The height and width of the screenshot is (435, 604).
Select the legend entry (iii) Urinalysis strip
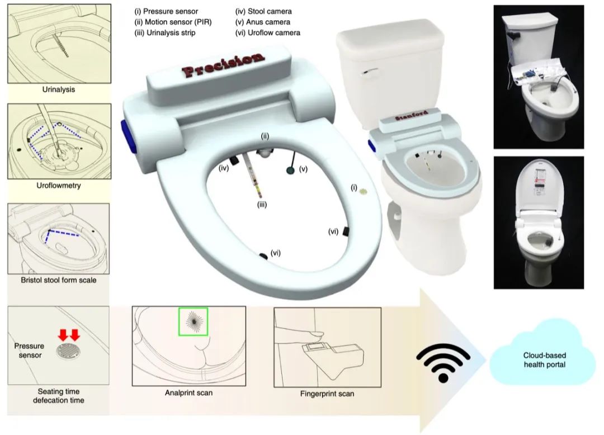coord(165,33)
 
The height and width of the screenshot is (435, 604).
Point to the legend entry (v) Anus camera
coord(263,22)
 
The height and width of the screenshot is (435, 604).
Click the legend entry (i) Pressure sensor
coord(166,11)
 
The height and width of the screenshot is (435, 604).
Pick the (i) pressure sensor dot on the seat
coord(363,191)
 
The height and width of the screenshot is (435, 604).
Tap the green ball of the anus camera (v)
coord(290,170)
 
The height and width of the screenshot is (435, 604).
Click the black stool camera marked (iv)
coord(234,159)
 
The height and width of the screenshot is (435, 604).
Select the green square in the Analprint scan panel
coord(193,321)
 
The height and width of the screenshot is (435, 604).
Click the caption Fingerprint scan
coord(327,394)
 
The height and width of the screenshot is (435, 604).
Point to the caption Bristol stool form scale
coord(59,280)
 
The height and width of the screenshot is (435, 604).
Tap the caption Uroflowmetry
coord(59,185)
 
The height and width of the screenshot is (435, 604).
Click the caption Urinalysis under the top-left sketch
coord(59,89)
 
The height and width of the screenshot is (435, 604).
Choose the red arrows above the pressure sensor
coord(69,335)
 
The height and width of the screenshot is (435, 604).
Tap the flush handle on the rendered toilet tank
coord(370,72)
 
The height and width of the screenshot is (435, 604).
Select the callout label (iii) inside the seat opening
coord(262,205)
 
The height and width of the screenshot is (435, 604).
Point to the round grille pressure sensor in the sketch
coord(69,352)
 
